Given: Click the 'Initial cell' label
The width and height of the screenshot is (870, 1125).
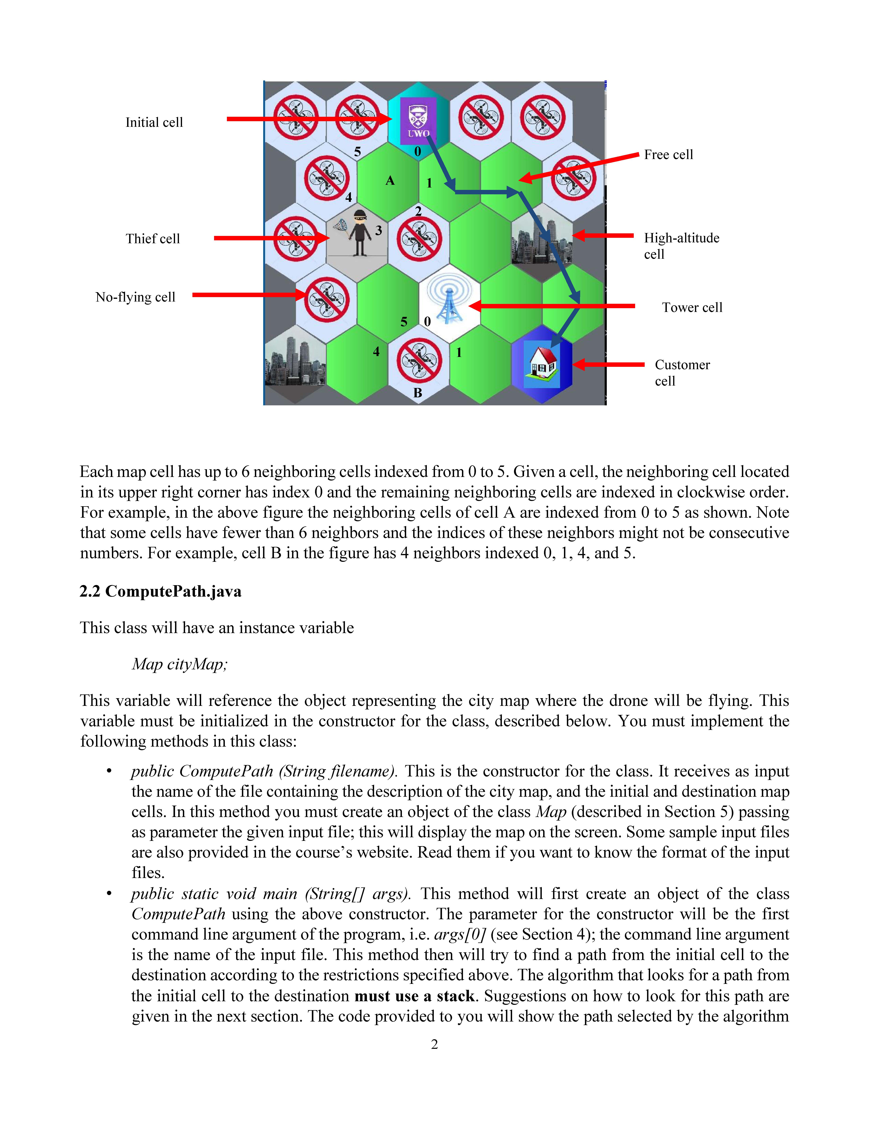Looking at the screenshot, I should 154,123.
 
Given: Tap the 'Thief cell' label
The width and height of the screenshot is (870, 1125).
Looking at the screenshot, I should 153,239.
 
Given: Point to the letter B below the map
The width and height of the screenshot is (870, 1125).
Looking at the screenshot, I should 418,393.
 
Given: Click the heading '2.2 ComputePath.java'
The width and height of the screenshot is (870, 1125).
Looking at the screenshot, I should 160,591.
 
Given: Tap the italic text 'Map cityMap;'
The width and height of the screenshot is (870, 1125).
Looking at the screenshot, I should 179,664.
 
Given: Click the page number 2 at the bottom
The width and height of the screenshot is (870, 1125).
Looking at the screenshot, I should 434,1045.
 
